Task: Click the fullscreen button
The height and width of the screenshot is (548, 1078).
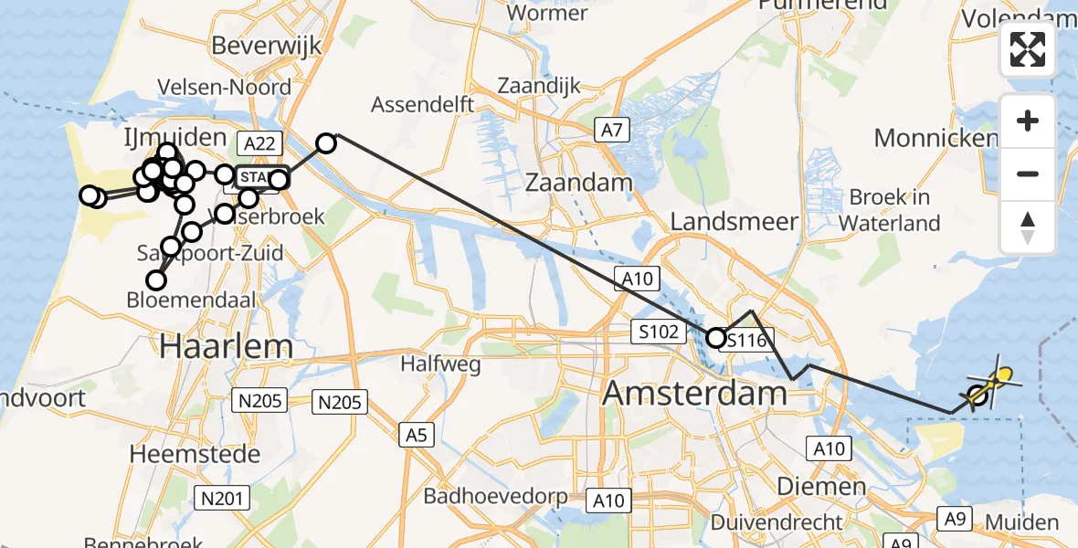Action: click(1028, 49)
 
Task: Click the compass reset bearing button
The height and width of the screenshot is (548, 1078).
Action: click(1028, 227)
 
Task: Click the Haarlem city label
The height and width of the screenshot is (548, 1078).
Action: click(227, 346)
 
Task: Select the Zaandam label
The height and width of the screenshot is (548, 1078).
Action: click(579, 182)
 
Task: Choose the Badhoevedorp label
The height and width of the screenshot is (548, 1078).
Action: click(495, 497)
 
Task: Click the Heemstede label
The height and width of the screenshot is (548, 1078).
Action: click(195, 453)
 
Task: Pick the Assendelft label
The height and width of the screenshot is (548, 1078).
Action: click(423, 105)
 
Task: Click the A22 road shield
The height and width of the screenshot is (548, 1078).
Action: click(257, 142)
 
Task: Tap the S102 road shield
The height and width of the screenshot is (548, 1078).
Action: click(660, 332)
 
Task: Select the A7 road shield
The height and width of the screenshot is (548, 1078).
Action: click(611, 131)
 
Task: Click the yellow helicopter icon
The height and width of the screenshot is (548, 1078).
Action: click(996, 380)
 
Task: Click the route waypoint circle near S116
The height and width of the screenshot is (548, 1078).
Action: click(716, 338)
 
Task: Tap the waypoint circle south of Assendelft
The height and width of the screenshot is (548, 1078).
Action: click(326, 142)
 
